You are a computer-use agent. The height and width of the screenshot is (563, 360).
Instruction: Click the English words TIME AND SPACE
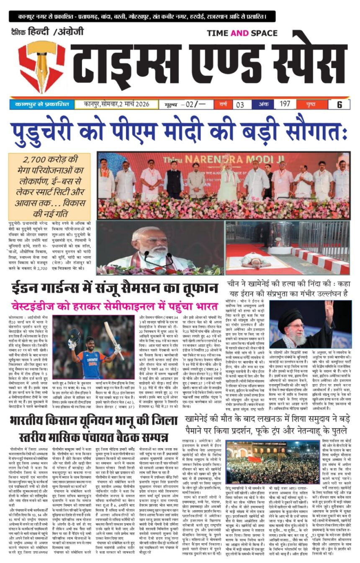[x=242, y=33]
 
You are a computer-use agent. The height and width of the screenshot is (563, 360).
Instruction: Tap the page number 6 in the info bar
[x=339, y=104]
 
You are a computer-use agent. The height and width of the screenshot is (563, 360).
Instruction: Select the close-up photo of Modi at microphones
[x=160, y=247]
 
